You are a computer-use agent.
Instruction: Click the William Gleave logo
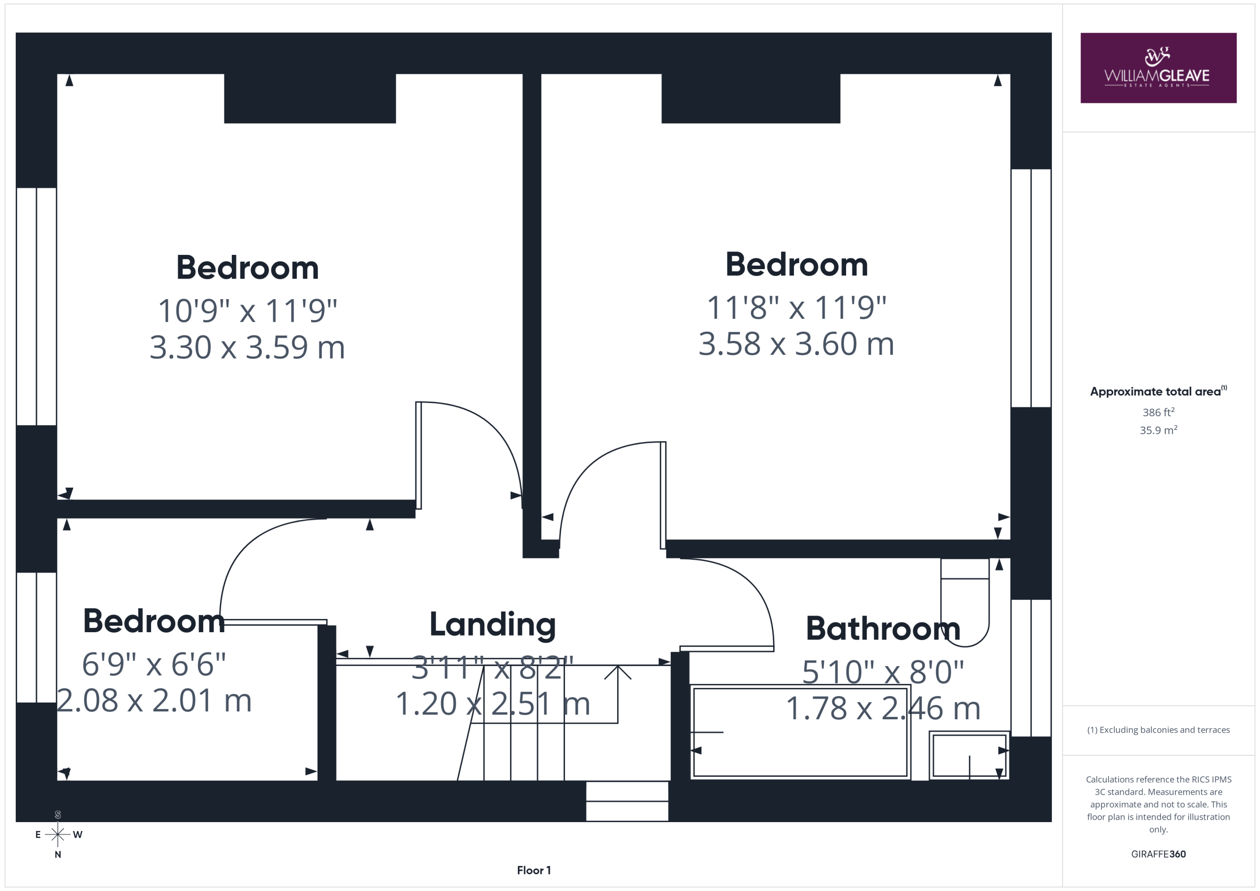coord(1158,67)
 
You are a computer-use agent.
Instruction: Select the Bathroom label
coord(883,629)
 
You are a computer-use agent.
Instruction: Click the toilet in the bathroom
coord(965,602)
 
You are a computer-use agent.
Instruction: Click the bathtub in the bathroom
coord(801,732)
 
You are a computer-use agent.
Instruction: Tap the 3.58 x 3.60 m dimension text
coord(796,344)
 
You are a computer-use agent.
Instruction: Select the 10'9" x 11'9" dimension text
coord(248,310)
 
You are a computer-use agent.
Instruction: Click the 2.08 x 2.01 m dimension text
coord(154,701)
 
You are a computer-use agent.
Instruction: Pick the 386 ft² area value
coord(1159,412)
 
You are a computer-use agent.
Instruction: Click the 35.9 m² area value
coord(1159,430)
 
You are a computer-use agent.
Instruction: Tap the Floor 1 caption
coord(534,870)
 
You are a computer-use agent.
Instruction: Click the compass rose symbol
coord(58,834)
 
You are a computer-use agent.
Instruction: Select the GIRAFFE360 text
coord(1159,854)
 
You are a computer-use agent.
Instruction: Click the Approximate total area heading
coord(1159,391)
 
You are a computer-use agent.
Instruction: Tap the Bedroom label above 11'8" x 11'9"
coord(797,265)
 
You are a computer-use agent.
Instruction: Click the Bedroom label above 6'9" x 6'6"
coord(154,621)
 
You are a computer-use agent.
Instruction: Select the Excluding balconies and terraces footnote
coord(1159,730)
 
